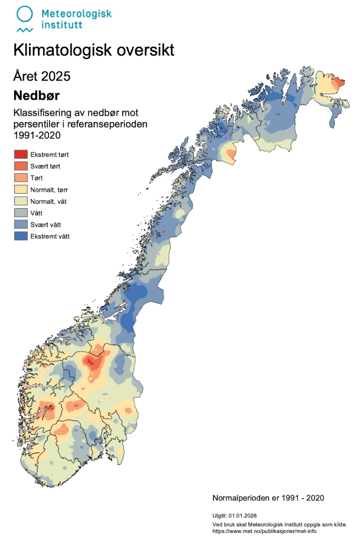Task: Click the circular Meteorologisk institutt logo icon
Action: click(x=25, y=14)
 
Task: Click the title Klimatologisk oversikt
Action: click(x=94, y=50)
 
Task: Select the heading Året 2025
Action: click(x=42, y=76)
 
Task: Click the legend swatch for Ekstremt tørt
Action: click(x=21, y=154)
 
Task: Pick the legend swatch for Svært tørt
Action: click(x=21, y=166)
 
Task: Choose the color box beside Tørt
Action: click(x=21, y=178)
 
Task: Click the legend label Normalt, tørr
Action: click(x=52, y=189)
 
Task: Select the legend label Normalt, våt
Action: click(x=51, y=201)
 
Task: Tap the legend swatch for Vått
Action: click(x=21, y=213)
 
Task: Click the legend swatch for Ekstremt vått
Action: click(x=21, y=236)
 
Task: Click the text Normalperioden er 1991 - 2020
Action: click(x=268, y=497)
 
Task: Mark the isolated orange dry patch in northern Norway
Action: click(x=230, y=153)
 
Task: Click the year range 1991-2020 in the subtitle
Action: click(x=38, y=135)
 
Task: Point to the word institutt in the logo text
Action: click(x=61, y=24)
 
